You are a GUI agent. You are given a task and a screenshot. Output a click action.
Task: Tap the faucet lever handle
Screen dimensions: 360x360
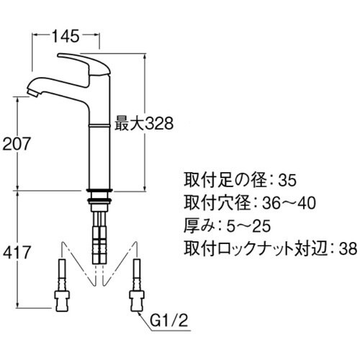tap(85, 60)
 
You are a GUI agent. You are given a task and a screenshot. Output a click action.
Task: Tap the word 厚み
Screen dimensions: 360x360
tap(196, 226)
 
